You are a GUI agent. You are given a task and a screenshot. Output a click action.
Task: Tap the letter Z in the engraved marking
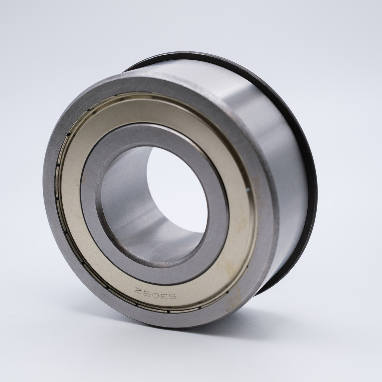click(x=138, y=289)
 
